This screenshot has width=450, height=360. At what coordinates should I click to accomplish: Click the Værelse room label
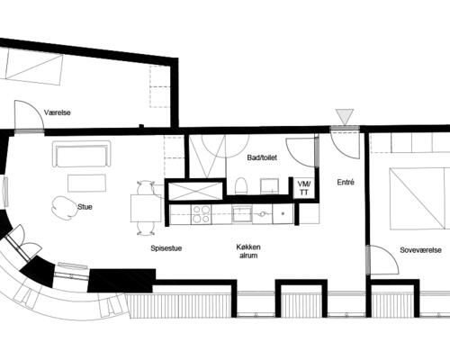pos(58,112)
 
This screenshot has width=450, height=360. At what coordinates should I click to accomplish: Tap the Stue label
pos(85,207)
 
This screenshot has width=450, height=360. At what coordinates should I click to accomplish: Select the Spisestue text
pos(166,248)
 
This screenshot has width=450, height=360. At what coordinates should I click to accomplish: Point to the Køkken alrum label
pos(248,251)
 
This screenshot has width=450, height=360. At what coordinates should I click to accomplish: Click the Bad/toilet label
pos(262,157)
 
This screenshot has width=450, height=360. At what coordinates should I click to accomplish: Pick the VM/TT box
pos(304,188)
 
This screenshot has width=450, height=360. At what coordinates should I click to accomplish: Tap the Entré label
pos(346,182)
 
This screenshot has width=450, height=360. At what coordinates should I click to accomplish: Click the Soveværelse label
pos(420,250)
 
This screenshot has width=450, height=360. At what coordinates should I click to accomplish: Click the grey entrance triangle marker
pos(345,116)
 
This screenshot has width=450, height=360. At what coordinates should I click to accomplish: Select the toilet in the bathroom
pos(240,185)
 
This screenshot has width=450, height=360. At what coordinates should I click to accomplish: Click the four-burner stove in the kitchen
pos(201,214)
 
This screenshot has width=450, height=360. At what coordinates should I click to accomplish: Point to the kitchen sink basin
pos(241,213)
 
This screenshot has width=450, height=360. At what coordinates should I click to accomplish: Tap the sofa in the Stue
pos(82,154)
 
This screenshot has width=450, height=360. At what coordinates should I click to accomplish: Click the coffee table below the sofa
pos(86,183)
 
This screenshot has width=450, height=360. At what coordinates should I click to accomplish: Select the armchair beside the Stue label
pos(63,208)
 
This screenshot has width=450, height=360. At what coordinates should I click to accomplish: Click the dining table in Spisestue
pos(146,208)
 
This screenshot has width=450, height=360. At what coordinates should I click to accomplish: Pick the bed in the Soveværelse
pos(419,199)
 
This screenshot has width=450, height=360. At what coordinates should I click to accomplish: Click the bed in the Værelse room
pos(34,67)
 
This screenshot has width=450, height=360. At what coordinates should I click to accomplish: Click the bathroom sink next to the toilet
pos(269,186)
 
